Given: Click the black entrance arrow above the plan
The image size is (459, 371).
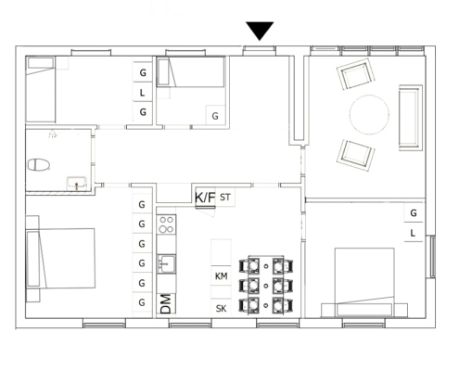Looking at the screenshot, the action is tap(260, 31).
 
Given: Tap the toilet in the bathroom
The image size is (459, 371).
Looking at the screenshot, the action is tap(39, 164).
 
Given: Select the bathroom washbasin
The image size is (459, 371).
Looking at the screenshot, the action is tap(77, 184).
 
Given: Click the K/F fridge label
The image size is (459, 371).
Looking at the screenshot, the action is tap(205, 198).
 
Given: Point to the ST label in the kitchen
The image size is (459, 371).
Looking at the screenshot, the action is tap(225, 197).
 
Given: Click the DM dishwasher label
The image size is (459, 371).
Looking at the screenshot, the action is tap(166, 304).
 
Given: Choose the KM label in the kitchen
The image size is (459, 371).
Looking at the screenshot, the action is tap(222, 276).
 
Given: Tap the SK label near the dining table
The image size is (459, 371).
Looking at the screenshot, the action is tap(221, 308).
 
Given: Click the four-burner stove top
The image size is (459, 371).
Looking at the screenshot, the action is tap(166, 224).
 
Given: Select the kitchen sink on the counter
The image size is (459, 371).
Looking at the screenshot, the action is tap(167, 263).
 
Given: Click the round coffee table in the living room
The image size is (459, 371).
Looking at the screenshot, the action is tap(369, 115).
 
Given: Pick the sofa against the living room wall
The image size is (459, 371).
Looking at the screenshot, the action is tap(411, 118).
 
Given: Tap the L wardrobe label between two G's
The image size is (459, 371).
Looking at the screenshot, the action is tap(142, 93).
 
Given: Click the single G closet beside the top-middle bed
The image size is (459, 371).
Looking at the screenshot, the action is tap(215, 116).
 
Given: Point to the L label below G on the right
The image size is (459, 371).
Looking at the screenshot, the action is tap(413, 233).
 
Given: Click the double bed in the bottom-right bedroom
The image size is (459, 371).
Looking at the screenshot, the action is tap(364, 282).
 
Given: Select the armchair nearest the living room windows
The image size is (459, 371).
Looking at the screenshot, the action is tap(356, 74).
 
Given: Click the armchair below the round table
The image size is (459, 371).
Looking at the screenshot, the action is tap(356, 155).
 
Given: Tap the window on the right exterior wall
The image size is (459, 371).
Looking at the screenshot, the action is tap(433, 257).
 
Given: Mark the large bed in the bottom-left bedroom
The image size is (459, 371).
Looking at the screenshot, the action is tap(60, 259).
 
